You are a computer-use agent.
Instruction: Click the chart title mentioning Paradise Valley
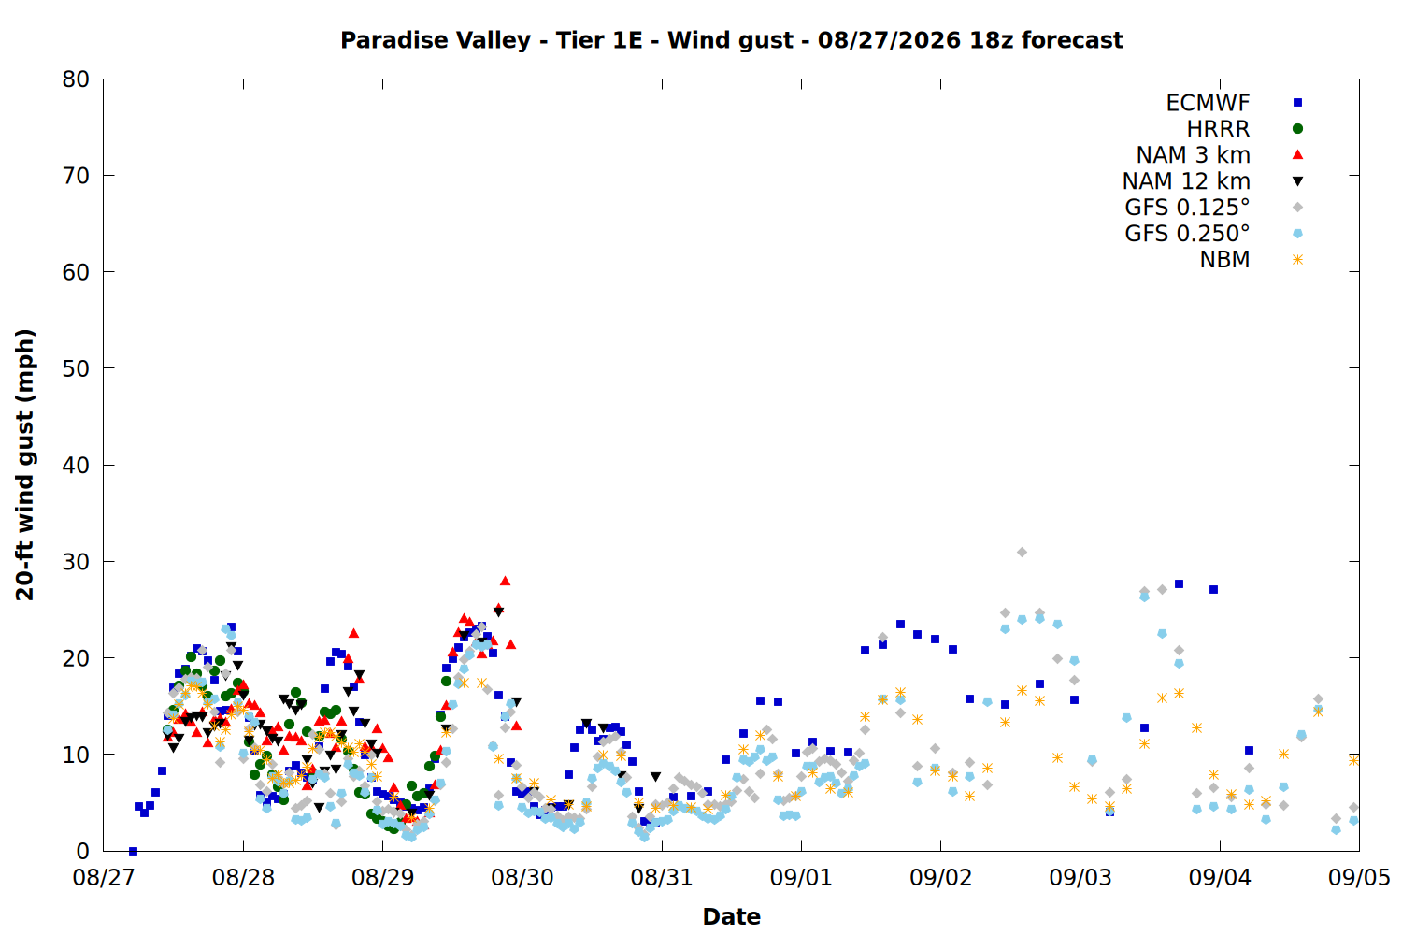click(731, 40)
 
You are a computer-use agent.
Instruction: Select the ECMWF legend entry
click(1208, 103)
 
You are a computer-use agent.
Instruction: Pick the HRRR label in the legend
click(1218, 129)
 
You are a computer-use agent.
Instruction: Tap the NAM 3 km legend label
click(1193, 154)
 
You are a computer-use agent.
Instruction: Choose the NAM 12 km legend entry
click(1186, 181)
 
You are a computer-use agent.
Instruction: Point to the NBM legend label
click(1224, 259)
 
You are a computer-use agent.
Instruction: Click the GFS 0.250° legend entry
click(1187, 233)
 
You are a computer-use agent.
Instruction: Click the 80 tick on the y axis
click(76, 79)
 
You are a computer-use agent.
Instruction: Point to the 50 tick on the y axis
click(76, 369)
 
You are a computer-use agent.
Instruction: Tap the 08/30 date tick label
click(522, 878)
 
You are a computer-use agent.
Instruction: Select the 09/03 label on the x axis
click(1080, 878)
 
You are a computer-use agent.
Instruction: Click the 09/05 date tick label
click(1359, 878)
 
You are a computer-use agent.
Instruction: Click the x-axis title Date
click(731, 917)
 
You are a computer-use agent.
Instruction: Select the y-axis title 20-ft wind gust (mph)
click(24, 465)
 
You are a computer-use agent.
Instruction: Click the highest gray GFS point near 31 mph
click(1022, 552)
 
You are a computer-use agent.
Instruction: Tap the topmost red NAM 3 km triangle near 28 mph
click(505, 581)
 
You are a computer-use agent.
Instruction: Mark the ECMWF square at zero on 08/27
click(133, 851)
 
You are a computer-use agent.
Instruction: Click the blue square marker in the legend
click(1297, 103)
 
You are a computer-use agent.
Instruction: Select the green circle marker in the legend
click(1297, 129)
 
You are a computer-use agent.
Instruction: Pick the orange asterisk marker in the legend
click(1297, 259)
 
